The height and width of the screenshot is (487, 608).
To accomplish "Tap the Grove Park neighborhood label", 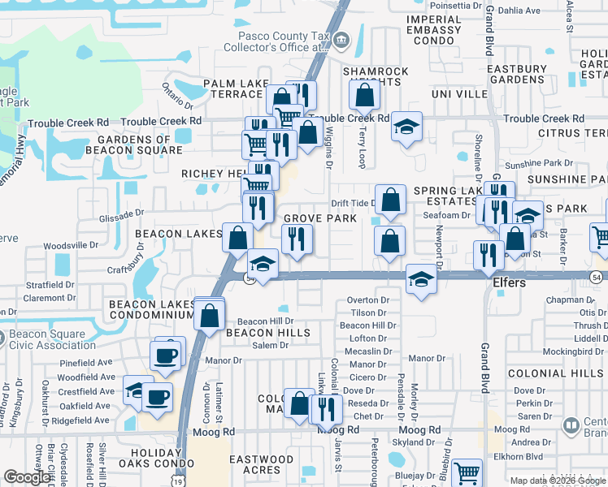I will click(x=320, y=219).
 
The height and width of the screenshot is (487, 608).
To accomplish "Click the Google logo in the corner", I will click(x=28, y=478).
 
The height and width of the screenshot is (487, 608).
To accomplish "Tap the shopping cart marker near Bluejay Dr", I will click(x=467, y=473).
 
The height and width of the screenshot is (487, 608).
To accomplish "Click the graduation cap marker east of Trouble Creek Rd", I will click(x=406, y=127).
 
